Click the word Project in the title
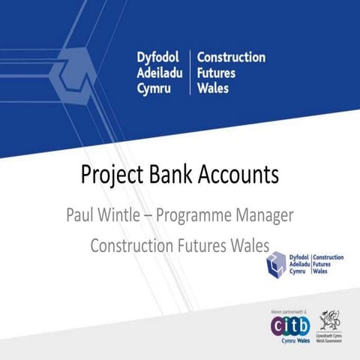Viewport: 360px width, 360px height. (112, 175)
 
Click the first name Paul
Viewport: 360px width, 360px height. (80, 214)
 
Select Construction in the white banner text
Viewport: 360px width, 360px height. (231, 58)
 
